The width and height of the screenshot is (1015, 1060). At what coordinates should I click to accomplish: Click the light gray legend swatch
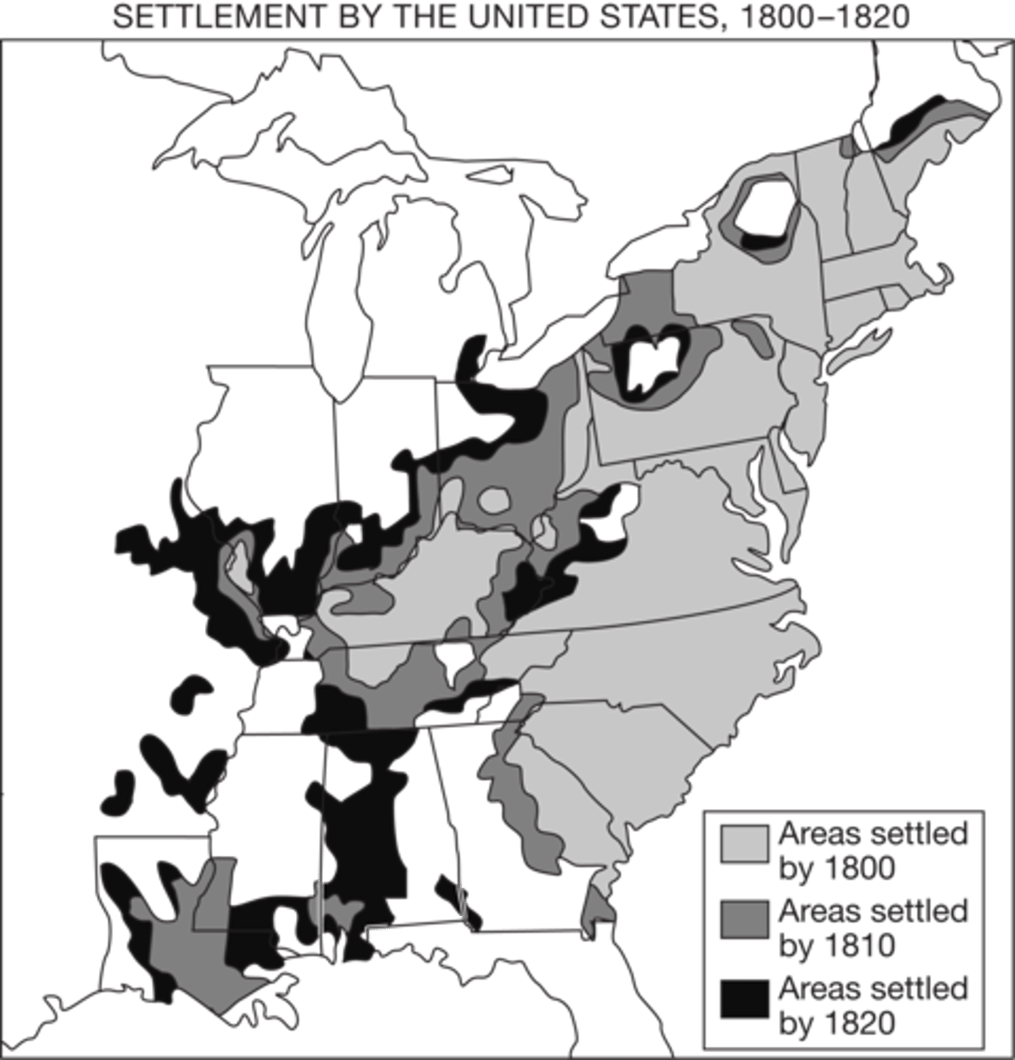coord(744,844)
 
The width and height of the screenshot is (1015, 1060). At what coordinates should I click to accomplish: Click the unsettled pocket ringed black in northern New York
coord(764,208)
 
